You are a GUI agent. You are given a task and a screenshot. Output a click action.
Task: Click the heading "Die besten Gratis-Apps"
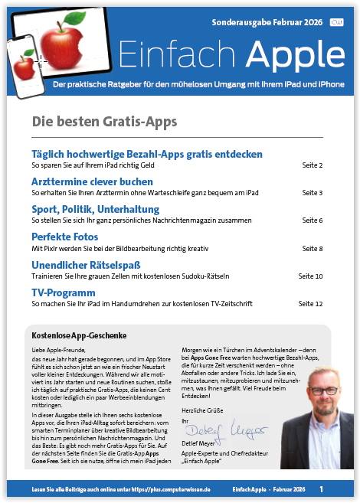coord(104,122)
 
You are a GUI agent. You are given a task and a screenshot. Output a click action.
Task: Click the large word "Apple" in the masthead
coord(286,54)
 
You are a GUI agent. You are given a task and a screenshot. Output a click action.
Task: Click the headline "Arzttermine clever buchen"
coord(92,181)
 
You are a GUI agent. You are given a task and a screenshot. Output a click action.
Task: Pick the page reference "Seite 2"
coord(313,165)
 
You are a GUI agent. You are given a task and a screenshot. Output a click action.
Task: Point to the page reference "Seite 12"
coord(310,304)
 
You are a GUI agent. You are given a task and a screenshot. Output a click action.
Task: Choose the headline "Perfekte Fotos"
coord(64,237)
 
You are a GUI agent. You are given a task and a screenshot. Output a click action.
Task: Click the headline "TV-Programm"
coord(63,292)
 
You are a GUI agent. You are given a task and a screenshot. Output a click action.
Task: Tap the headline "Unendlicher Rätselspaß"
coord(85,265)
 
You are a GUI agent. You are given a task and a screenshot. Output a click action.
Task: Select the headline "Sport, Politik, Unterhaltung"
coord(95,209)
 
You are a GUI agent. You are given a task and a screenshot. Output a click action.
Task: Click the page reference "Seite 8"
coord(313,249)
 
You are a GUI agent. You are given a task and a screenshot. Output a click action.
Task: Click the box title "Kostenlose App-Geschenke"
coord(79,335)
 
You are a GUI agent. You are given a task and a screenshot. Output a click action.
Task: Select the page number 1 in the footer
coord(322,488)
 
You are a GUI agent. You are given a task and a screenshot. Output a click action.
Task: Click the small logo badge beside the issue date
coord(336,23)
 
